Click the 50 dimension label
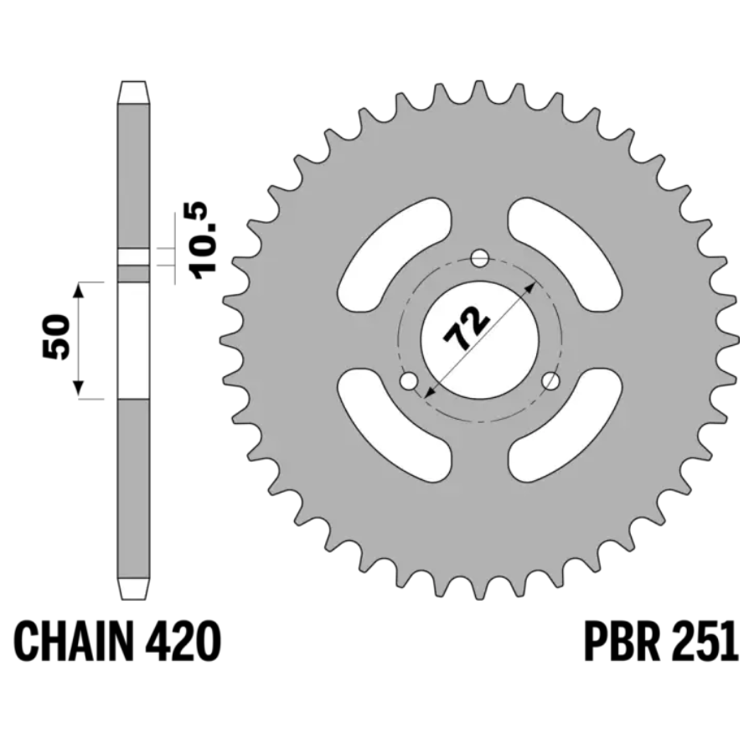point(56,337)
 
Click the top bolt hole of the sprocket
point(479,259)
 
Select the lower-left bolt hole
point(409,382)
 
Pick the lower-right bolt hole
point(550,382)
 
